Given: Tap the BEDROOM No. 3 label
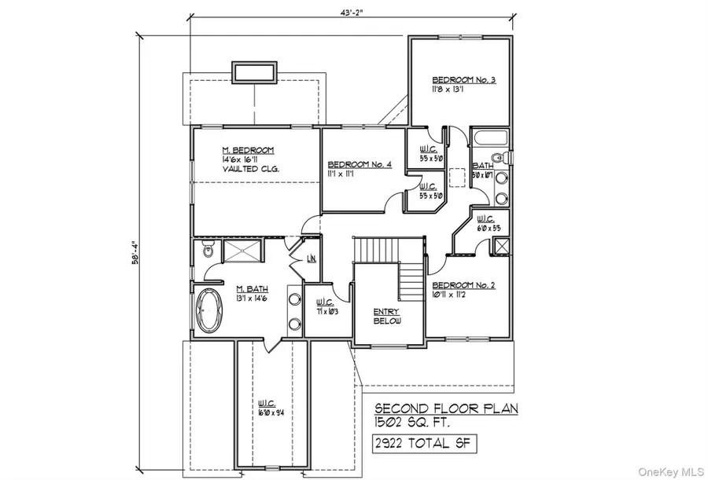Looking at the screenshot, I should (463, 79).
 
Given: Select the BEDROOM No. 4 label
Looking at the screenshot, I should (360, 164).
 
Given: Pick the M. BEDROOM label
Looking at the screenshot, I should (247, 150).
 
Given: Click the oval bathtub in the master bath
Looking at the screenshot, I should (208, 310).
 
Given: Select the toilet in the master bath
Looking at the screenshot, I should (208, 251).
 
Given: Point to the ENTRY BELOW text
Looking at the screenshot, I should (387, 317).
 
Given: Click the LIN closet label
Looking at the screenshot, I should (311, 258).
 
